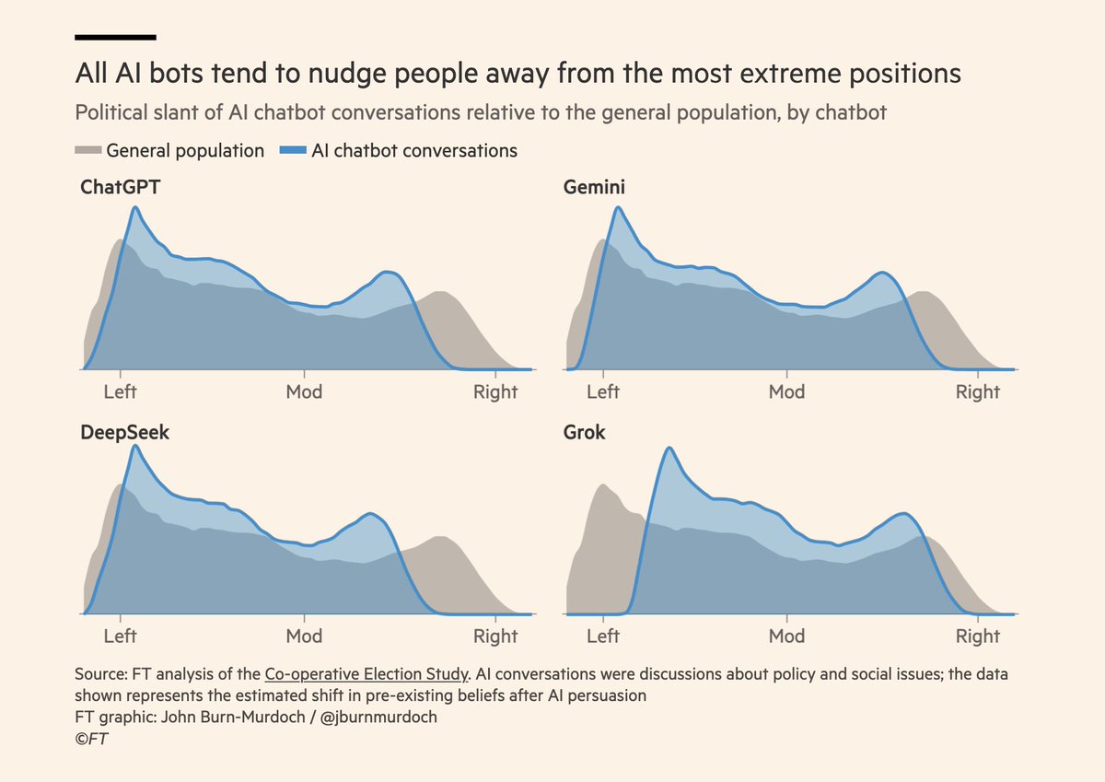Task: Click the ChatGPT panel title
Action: point(120,188)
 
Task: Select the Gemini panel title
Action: point(595,188)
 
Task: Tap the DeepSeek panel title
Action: point(125,431)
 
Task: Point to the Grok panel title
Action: point(585,431)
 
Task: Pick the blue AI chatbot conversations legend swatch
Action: point(293,150)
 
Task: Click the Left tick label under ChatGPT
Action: point(120,392)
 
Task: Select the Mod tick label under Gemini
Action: point(786,392)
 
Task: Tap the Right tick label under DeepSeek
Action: point(495,636)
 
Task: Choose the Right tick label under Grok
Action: point(977,636)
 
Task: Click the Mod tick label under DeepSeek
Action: point(304,636)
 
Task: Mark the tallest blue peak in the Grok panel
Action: point(669,449)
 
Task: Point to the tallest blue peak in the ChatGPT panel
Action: point(135,208)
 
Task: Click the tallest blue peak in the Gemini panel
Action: point(618,208)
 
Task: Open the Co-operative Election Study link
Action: point(366,673)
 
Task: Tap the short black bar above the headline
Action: point(115,38)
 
